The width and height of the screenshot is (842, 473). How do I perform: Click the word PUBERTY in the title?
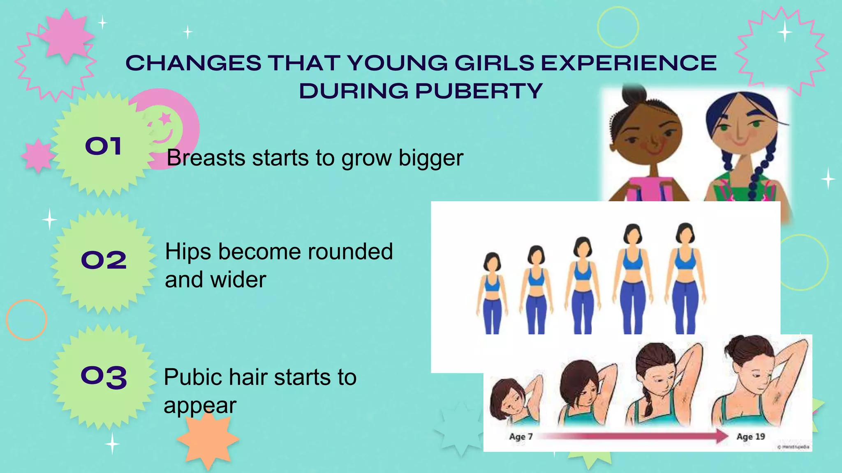pyautogui.click(x=479, y=91)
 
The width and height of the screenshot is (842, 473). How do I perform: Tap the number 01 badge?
pyautogui.click(x=103, y=146)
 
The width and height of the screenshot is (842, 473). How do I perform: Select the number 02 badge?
pyautogui.click(x=104, y=260)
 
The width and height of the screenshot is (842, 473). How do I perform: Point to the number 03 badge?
pyautogui.click(x=104, y=377)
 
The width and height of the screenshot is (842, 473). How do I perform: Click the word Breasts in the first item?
pyautogui.click(x=206, y=158)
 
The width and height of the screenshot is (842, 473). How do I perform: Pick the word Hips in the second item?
pyautogui.click(x=188, y=252)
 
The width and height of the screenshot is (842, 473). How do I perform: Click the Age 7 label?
pyautogui.click(x=520, y=436)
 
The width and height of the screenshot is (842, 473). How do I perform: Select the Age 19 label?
pyautogui.click(x=750, y=436)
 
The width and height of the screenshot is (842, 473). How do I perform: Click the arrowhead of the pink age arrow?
pyautogui.click(x=722, y=436)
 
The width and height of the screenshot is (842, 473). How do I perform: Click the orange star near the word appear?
pyautogui.click(x=208, y=439)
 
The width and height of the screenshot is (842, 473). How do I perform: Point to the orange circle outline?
pyautogui.click(x=27, y=320)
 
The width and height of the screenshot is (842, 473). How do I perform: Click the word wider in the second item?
pyautogui.click(x=238, y=280)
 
